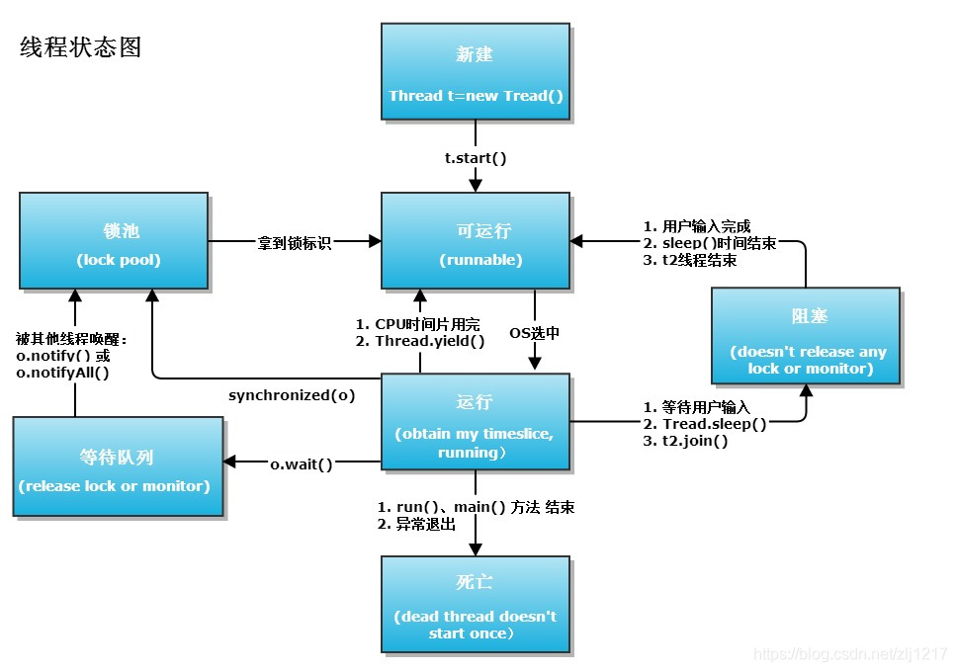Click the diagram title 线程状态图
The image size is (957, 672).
pos(81,47)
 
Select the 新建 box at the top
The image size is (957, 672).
pos(475,72)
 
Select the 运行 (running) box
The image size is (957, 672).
pos(475,422)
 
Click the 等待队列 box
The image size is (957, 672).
pos(118,466)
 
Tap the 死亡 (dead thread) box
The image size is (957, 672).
pos(475,604)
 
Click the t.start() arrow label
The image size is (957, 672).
pos(476,157)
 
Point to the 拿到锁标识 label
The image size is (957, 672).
pos(294,242)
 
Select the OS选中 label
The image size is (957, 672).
pos(534,333)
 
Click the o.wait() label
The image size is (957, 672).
pos(302,463)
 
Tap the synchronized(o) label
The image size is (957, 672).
pos(292,395)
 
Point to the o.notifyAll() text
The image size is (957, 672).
pos(62,373)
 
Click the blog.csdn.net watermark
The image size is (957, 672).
pos(850,654)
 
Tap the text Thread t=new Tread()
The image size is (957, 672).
pos(475,96)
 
